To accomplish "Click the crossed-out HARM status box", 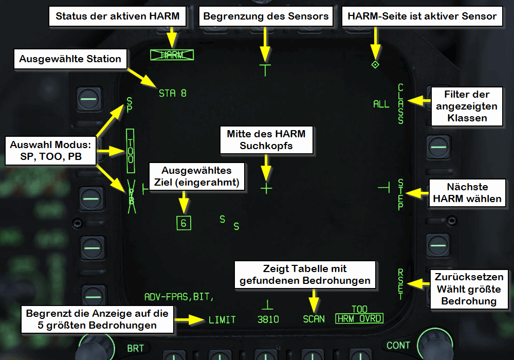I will [168, 56].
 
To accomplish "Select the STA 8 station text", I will [172, 94].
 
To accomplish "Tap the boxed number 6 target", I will [183, 223].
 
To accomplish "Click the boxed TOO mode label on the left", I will [131, 151].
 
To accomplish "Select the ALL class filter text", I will [381, 104].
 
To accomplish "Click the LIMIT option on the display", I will [222, 320].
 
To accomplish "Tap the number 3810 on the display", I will [268, 320].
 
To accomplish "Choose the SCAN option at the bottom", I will [314, 319].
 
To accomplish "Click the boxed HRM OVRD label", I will [359, 319].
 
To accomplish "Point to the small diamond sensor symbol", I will [375, 65].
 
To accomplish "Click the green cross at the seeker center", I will [266, 188].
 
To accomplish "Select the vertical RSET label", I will [401, 283].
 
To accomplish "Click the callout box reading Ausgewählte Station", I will [70, 59].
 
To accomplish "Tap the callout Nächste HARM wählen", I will [467, 192].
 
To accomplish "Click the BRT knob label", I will [136, 348].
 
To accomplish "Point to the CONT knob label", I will [399, 346].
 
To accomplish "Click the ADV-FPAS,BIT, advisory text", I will [178, 297].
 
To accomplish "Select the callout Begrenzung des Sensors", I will [266, 16].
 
